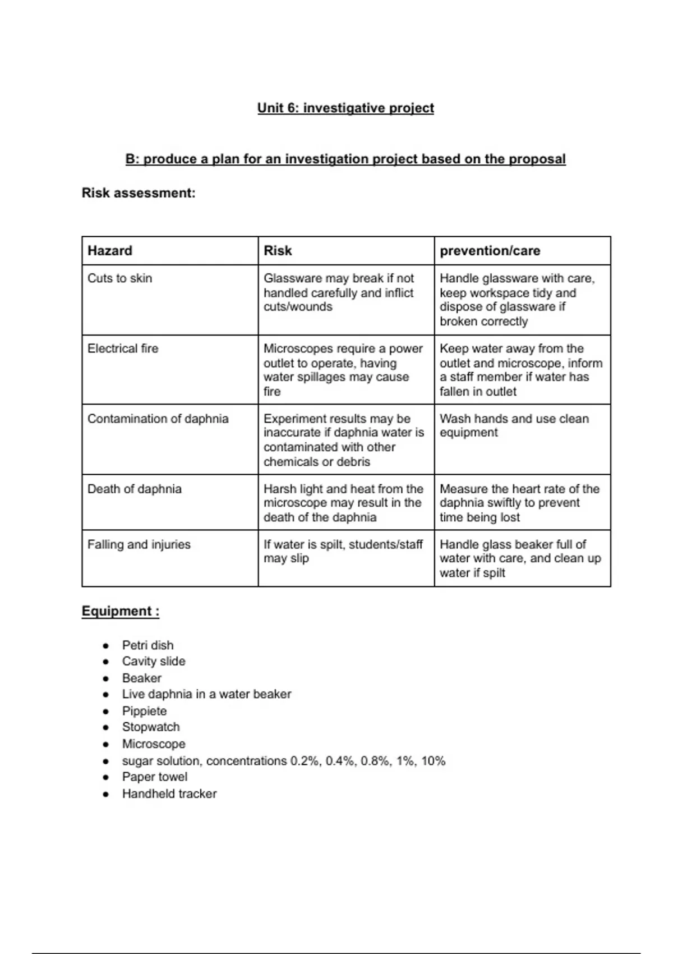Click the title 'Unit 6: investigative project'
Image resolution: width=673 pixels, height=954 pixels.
tap(345, 108)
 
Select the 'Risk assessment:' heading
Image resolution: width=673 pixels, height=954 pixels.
tap(139, 192)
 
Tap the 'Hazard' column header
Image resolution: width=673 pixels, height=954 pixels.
tap(110, 250)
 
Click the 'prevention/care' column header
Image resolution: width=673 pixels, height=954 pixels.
tap(490, 250)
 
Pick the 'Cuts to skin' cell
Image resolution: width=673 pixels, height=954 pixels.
tap(120, 278)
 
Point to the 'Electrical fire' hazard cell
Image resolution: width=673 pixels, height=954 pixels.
tap(123, 348)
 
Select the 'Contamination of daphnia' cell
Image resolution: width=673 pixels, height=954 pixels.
tap(158, 419)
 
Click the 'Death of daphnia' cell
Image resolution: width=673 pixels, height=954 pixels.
tap(135, 489)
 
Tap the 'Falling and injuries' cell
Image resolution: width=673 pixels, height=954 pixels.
tap(139, 544)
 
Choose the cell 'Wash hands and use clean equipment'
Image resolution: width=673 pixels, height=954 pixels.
tap(514, 425)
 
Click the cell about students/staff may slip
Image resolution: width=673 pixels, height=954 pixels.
tap(343, 551)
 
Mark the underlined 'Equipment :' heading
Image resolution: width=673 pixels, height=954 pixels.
tap(121, 611)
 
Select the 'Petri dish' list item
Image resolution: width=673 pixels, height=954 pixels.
tap(148, 645)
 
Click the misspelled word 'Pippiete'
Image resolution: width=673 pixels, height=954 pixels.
tap(145, 711)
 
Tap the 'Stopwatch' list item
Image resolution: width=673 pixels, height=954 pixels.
tap(151, 727)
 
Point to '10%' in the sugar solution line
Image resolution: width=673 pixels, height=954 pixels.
tap(433, 761)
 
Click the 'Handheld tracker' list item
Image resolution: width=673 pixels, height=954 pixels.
tap(169, 794)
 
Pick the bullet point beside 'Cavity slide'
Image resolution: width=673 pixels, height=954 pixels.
tap(105, 662)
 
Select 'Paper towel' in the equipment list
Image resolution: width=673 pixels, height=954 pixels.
tap(155, 777)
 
